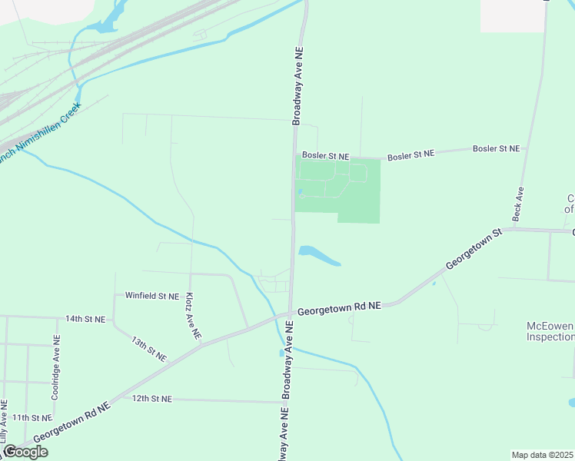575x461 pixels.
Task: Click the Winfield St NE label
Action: (152, 296)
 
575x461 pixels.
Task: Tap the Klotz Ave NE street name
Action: (193, 316)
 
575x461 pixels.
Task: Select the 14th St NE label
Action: (85, 318)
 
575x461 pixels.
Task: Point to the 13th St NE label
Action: (148, 348)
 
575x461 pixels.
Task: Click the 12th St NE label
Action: (152, 399)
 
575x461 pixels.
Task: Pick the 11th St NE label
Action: (32, 417)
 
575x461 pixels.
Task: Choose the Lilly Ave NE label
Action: (5, 422)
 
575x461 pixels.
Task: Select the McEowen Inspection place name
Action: (549, 331)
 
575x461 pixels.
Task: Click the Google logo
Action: (25, 452)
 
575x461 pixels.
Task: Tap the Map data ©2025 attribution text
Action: (543, 455)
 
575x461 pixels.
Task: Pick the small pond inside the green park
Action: (299, 192)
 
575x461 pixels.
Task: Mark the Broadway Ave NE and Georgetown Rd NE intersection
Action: (291, 313)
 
